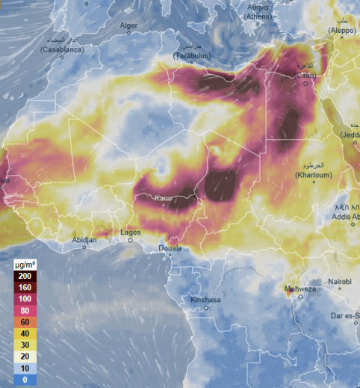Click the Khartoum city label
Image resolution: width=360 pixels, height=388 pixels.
click(313, 175)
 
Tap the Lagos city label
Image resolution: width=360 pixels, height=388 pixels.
click(131, 232)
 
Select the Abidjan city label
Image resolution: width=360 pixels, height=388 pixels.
click(84, 239)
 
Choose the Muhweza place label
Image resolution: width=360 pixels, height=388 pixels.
click(300, 289)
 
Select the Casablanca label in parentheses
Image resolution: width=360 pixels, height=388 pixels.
click(62, 49)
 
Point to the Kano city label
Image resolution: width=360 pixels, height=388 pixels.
click(163, 199)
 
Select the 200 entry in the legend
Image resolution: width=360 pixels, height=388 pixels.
click(25, 276)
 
